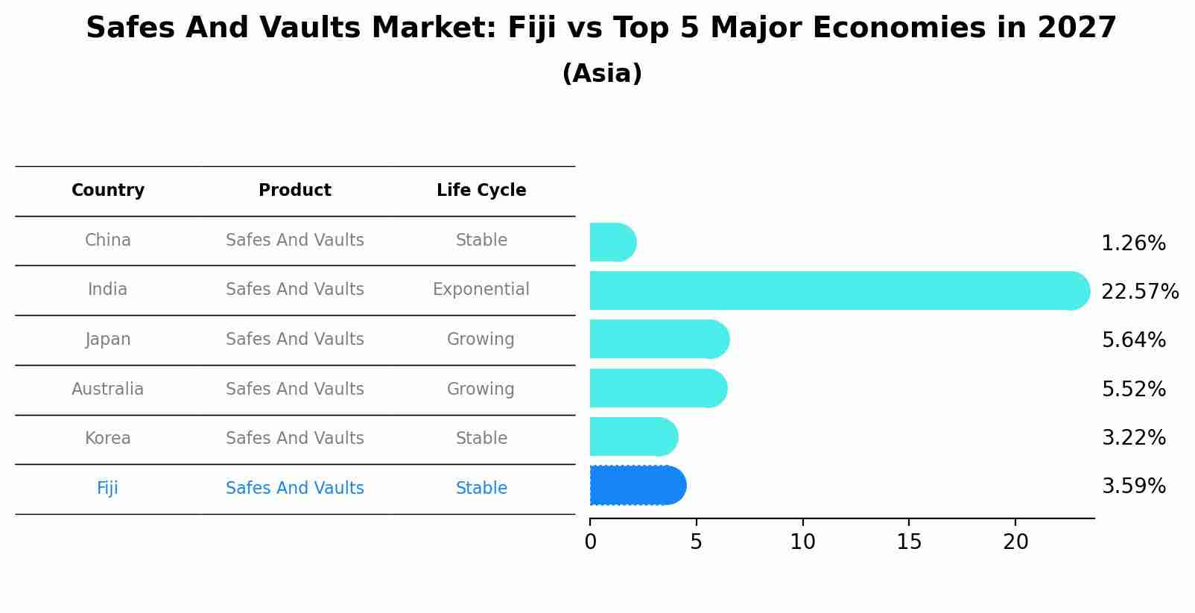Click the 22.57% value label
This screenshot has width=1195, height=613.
click(1139, 291)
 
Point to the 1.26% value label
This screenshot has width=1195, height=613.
click(1132, 243)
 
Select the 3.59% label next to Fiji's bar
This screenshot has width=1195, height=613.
click(1133, 486)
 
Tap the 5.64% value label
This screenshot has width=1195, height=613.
click(1133, 340)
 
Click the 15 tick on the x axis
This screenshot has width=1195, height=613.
click(909, 541)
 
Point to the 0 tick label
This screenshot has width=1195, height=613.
click(590, 541)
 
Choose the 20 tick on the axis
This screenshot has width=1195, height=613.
click(1015, 541)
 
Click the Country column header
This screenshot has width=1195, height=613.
click(108, 191)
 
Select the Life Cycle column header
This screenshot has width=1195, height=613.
click(481, 191)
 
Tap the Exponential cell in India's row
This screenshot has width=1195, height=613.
click(481, 289)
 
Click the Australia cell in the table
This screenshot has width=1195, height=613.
click(108, 389)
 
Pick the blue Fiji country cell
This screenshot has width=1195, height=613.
click(107, 488)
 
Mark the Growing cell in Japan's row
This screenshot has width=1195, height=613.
click(481, 339)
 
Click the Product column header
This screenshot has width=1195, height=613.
click(295, 191)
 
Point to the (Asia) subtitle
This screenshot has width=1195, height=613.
click(602, 74)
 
